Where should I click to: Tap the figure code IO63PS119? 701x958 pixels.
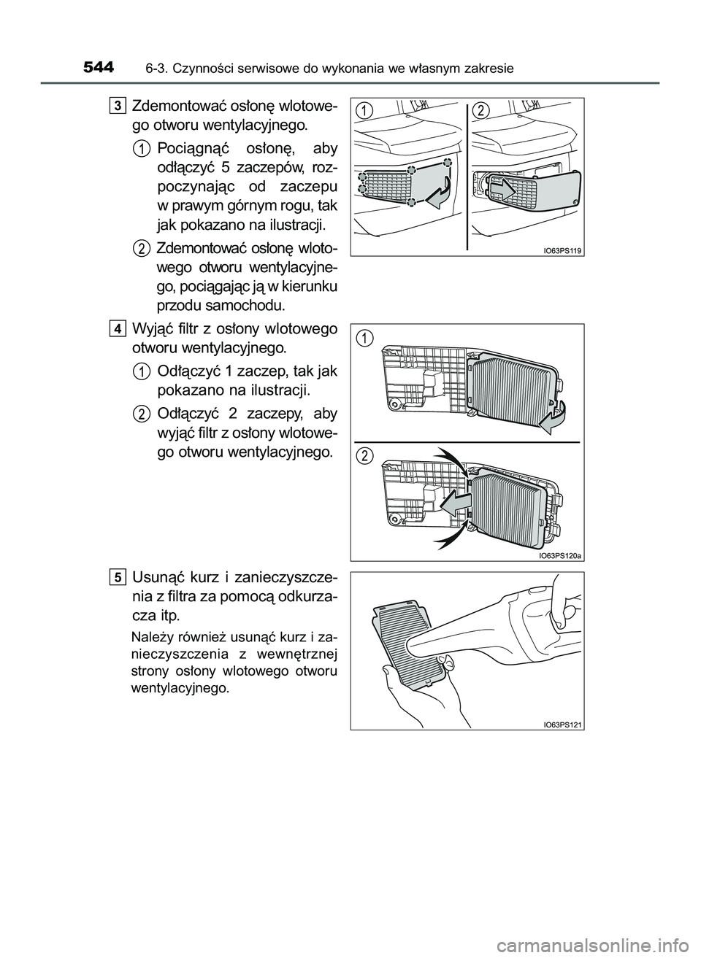pos(562,250)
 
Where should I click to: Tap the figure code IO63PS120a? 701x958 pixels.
pos(560,555)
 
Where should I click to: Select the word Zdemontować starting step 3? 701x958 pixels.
pos(172,107)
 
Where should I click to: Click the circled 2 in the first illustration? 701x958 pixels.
pos(480,109)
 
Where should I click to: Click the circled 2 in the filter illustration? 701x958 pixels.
pos(365,455)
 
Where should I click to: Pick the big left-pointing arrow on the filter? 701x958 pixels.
pos(452,503)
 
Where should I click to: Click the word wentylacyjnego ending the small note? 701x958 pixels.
pos(179,688)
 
